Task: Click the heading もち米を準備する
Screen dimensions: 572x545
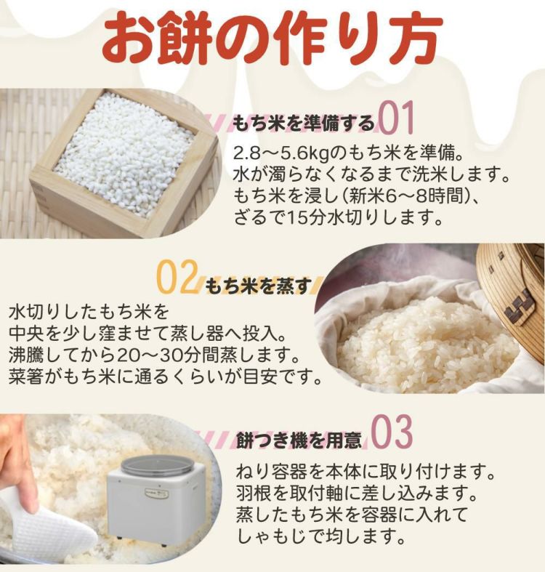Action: (x=304, y=123)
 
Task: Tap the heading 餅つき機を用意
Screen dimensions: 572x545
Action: (x=299, y=440)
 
